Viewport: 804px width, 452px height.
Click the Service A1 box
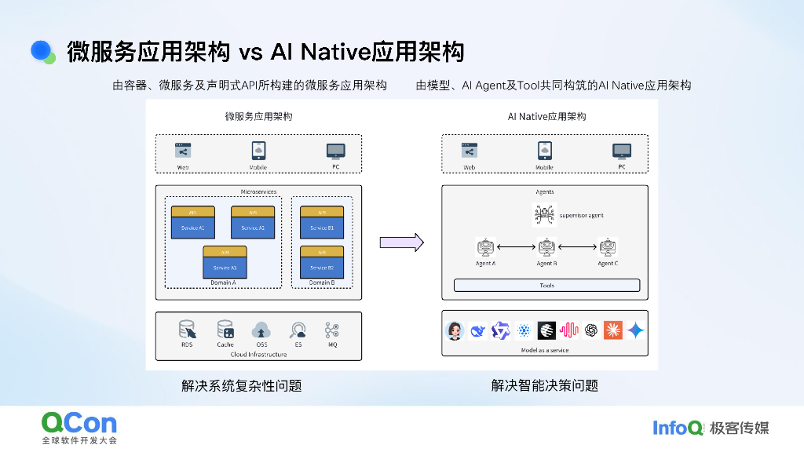click(193, 222)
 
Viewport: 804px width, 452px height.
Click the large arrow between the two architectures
click(401, 242)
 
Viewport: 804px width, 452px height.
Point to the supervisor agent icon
click(544, 214)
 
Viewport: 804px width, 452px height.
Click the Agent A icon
click(485, 248)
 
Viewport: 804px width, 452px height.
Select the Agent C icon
click(607, 248)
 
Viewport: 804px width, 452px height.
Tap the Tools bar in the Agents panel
click(546, 286)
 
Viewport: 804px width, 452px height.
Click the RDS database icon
click(187, 330)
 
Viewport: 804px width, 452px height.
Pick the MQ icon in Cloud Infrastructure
click(332, 330)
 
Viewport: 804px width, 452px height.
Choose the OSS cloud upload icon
click(261, 330)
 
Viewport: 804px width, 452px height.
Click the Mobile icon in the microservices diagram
click(258, 151)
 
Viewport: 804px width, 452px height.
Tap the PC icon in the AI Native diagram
click(622, 151)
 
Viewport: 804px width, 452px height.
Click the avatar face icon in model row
click(455, 330)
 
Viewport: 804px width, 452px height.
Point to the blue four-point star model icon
click(636, 330)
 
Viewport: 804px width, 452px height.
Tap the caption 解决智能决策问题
click(544, 385)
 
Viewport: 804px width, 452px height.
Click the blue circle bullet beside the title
click(42, 51)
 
